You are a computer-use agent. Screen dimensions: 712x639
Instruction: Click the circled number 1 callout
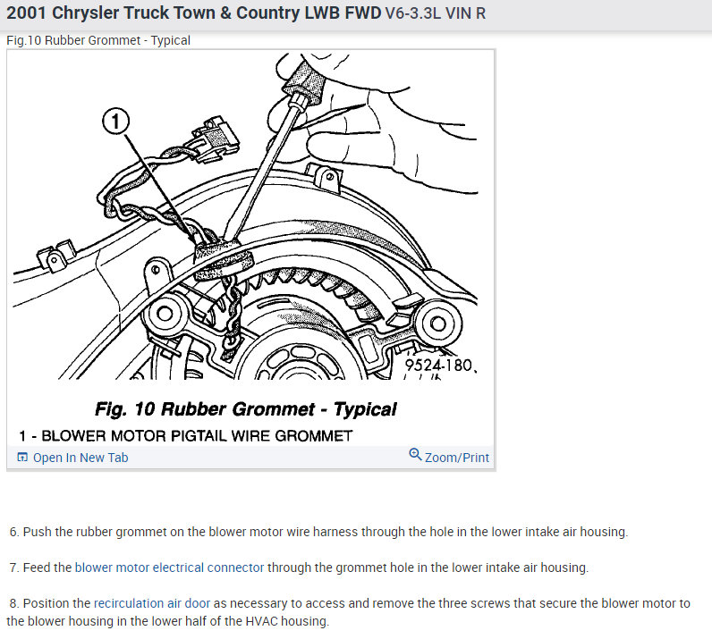pos(115,122)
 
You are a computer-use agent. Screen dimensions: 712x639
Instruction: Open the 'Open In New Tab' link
pos(81,458)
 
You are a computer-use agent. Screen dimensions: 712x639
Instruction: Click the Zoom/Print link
pos(457,458)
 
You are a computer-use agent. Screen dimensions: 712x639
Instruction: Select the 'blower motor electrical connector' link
pos(169,568)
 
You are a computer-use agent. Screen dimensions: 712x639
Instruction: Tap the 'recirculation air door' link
pos(152,603)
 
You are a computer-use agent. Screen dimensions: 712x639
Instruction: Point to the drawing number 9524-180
pos(438,365)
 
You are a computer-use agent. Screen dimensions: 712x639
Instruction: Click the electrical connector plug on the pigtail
pos(216,139)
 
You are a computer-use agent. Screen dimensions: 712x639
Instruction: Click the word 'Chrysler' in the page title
pos(85,13)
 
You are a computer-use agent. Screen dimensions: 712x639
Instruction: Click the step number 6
pos(13,532)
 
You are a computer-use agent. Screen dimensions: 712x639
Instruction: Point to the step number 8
pos(13,603)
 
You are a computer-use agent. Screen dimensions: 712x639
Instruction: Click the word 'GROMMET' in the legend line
pos(314,436)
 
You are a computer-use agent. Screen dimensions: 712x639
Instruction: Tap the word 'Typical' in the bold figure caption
pos(365,409)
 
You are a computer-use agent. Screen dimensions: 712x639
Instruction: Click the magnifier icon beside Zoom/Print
pos(415,454)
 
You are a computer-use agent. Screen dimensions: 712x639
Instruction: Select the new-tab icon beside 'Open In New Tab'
pos(22,457)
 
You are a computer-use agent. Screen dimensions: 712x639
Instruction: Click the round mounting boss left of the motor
pos(165,314)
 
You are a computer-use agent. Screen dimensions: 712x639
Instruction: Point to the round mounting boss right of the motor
pos(438,324)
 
